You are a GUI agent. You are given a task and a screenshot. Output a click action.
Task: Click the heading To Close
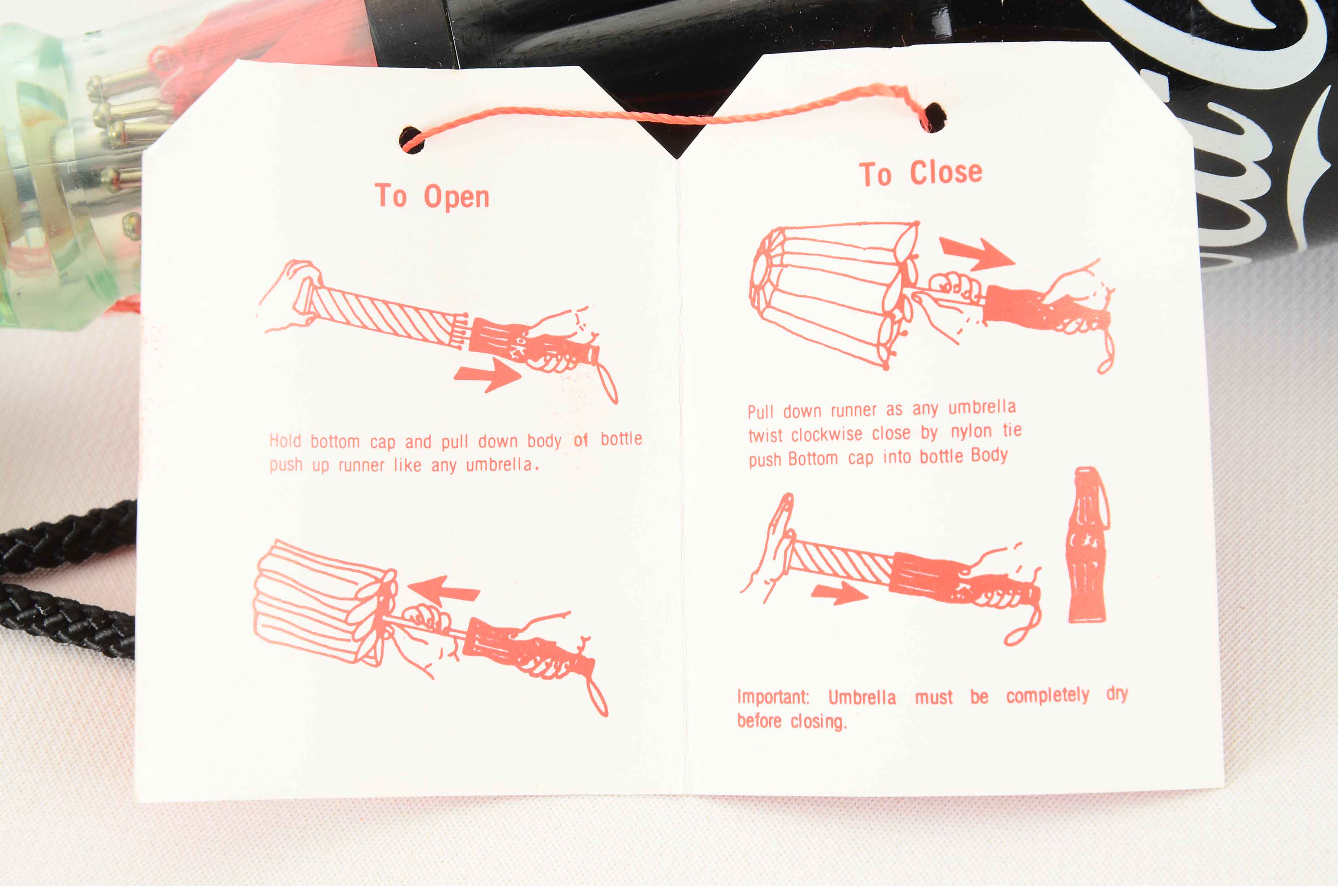(921, 173)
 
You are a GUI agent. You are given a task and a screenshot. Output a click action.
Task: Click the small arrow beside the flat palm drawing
(840, 593)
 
